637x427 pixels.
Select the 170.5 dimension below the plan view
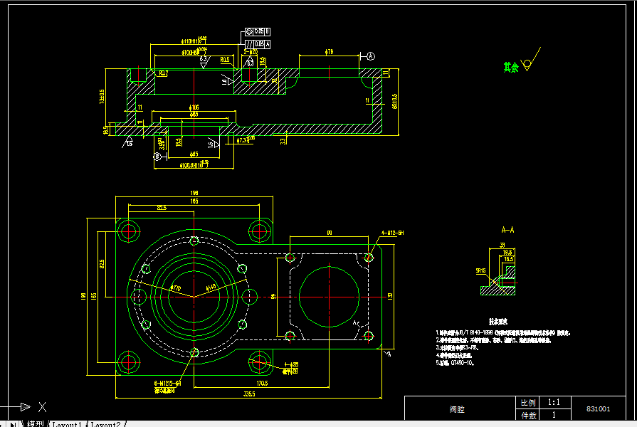tap(261, 383)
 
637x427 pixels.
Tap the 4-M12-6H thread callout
tap(392, 233)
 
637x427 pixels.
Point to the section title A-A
tap(507, 231)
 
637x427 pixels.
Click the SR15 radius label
tap(480, 270)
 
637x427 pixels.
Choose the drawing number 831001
tap(598, 409)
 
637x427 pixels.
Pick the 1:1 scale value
tap(553, 402)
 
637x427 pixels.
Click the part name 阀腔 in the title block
tap(458, 409)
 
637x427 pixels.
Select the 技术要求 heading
tap(498, 322)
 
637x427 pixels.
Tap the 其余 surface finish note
tap(510, 67)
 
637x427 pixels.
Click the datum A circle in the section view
tap(371, 56)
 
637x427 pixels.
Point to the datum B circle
tap(157, 156)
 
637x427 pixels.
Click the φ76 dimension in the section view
tap(330, 52)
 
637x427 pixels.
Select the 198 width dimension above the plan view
tap(194, 193)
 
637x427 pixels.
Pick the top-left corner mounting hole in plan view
tap(129, 230)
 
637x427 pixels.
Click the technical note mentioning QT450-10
tap(456, 362)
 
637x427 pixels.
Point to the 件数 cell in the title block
tap(528, 415)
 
